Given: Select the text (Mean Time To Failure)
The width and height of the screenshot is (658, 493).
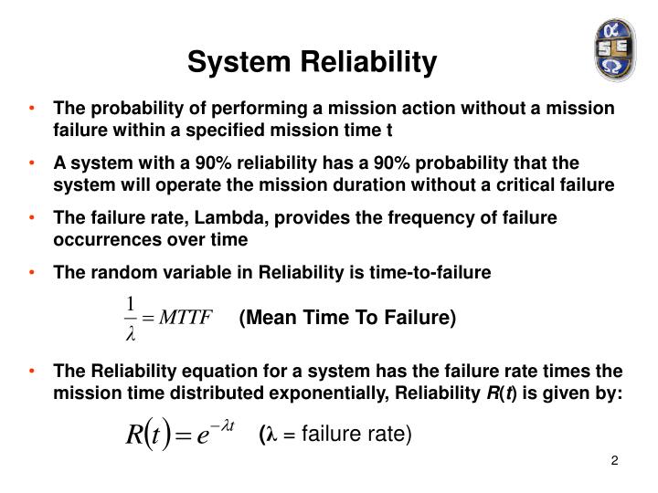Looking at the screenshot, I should coord(346,318).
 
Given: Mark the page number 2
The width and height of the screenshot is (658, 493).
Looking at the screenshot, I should coord(615,460).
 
